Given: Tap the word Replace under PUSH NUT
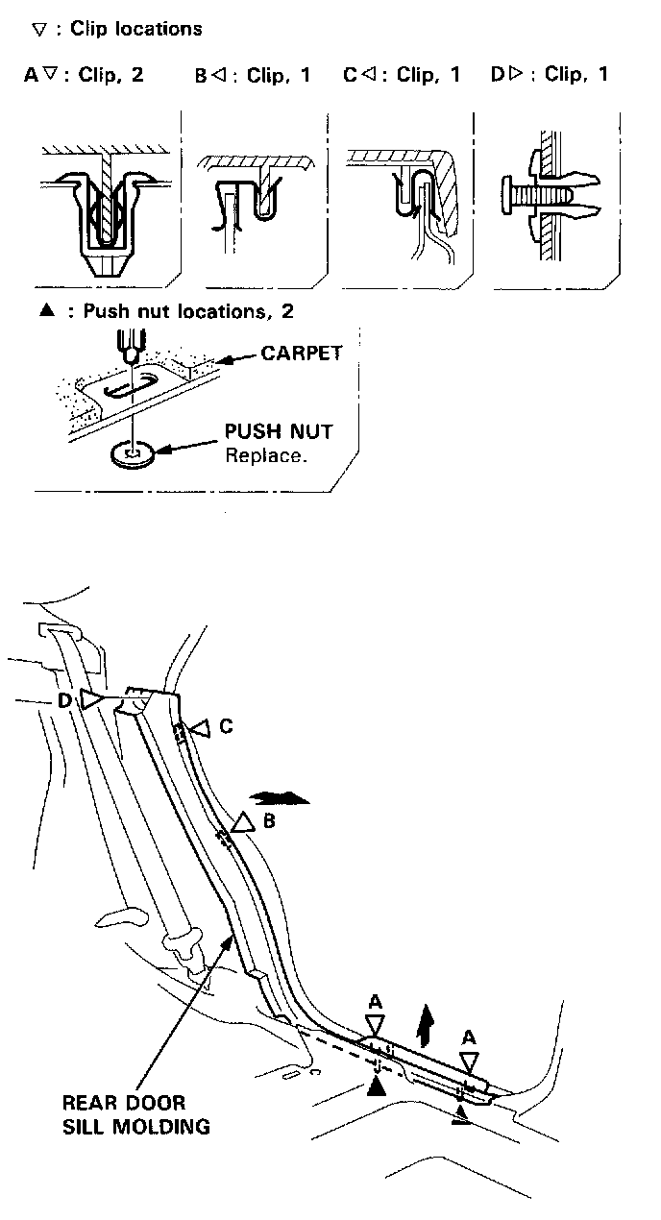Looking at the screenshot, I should coord(266,455).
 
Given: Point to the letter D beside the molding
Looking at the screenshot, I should coord(64,700).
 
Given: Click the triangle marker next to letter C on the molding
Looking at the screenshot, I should coord(198,729).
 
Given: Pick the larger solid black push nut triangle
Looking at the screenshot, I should coord(378,1086).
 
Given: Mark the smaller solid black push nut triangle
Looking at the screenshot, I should coord(463,1112).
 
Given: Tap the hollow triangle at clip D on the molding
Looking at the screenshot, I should coord(91,700).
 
